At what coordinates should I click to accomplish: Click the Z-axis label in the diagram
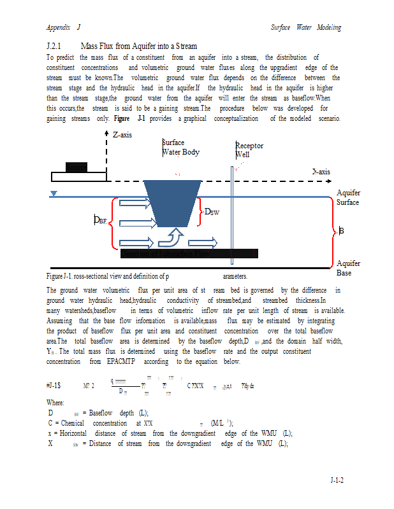123,136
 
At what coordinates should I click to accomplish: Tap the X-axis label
321,172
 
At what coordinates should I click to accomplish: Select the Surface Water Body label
180,148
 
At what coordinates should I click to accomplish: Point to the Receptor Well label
249,150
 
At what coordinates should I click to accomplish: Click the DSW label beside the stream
211,212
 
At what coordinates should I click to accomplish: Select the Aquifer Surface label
348,198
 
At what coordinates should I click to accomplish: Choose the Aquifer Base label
348,268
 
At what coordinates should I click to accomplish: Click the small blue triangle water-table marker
54,193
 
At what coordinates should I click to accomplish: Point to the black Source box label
77,167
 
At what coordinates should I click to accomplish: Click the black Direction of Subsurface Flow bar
189,254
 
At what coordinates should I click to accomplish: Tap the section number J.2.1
54,46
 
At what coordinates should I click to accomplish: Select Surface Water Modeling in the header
305,27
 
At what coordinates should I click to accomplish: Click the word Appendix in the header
57,27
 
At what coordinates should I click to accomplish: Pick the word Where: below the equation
55,403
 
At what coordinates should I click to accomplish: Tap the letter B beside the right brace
342,232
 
